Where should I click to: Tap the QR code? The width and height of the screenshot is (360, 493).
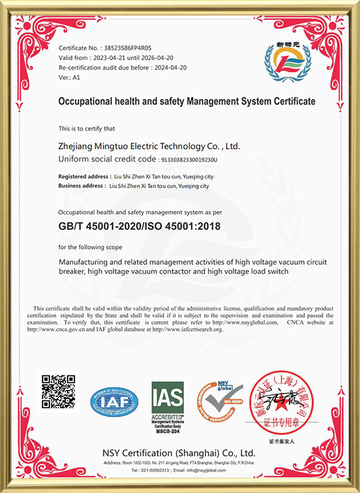click(60, 392)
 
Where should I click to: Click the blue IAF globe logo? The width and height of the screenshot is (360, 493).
click(114, 402)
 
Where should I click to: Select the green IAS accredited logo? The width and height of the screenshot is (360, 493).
click(167, 401)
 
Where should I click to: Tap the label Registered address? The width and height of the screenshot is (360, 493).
click(83, 176)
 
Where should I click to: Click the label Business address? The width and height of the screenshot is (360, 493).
click(82, 185)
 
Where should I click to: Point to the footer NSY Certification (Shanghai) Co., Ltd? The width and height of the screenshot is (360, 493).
click(179, 452)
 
